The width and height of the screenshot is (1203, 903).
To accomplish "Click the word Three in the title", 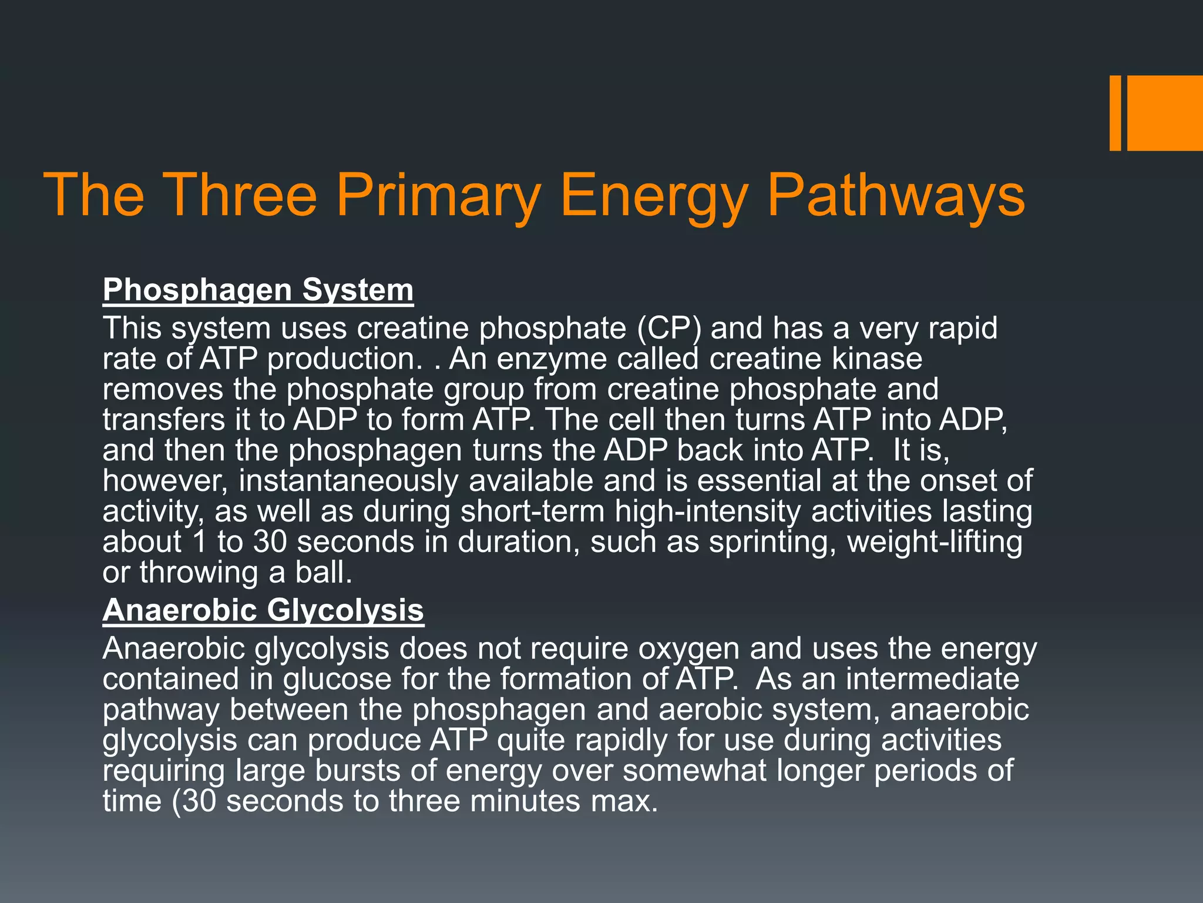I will (x=241, y=195).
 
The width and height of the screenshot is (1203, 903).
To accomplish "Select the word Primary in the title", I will (x=438, y=195).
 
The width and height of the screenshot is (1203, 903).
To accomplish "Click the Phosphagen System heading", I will (x=258, y=290).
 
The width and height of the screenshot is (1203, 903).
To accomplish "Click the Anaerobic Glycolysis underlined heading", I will (x=263, y=610).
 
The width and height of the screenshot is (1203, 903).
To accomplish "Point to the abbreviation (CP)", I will (x=669, y=328).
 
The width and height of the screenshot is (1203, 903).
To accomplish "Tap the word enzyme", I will (x=552, y=359).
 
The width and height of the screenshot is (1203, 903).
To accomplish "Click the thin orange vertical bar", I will (x=1115, y=113).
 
